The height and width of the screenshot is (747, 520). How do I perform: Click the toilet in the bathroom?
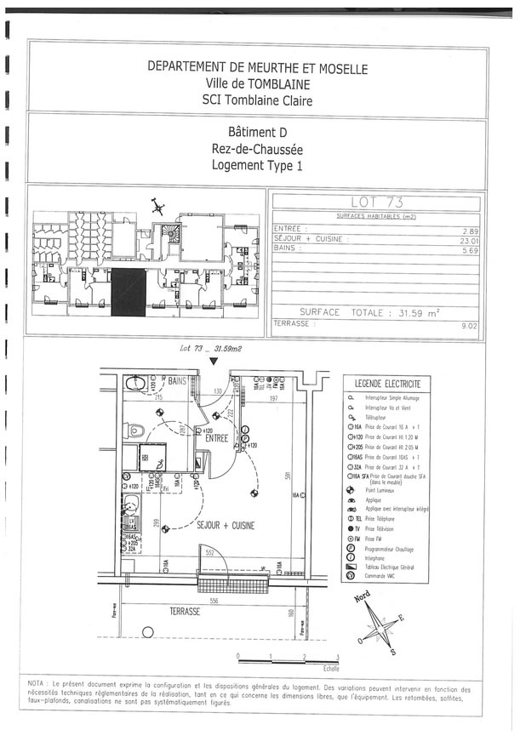[134, 385]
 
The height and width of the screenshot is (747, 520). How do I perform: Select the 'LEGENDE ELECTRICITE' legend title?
[387, 384]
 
